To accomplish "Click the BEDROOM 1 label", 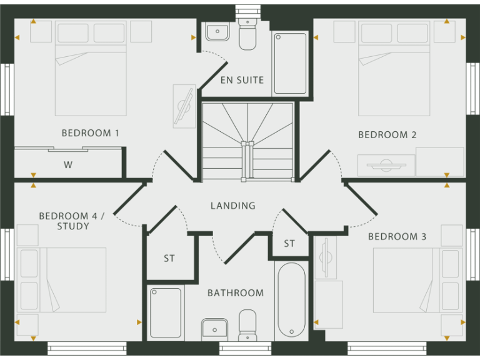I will (x=90, y=133).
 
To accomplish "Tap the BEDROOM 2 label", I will (x=387, y=135).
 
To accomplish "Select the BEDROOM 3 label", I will (x=397, y=237).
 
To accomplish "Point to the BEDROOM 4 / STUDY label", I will (x=72, y=221).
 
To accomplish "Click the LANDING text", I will (x=232, y=206).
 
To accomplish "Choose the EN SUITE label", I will (x=242, y=81).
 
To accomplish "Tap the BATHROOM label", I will (x=235, y=293).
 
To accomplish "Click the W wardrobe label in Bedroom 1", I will (x=68, y=166).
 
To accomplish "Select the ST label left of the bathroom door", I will (x=169, y=259).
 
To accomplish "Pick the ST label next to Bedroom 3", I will (x=289, y=244).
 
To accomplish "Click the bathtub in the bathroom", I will (x=291, y=299).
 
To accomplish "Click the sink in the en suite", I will (x=216, y=32).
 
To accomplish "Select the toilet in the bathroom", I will (x=247, y=326).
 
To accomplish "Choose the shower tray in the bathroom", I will (x=166, y=312).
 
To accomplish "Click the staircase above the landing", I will (x=247, y=141).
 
